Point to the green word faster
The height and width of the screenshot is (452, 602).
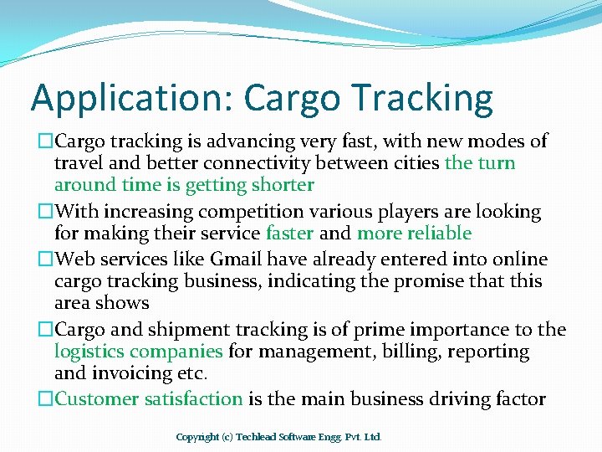(289, 233)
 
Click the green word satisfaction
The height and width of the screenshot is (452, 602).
(193, 398)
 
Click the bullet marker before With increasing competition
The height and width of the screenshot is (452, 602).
(46, 212)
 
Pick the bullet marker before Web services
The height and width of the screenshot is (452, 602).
(46, 259)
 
